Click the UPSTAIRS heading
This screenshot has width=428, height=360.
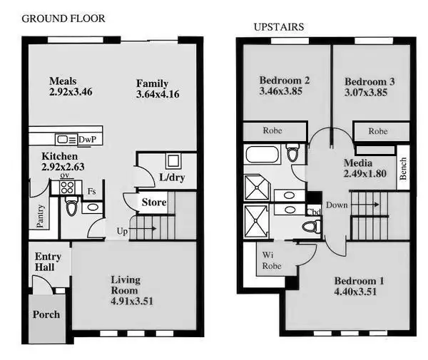279,27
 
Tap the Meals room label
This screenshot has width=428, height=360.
63,81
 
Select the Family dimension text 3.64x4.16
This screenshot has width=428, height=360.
158,95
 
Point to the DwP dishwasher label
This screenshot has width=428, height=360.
87,139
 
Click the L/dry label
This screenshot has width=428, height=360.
171,177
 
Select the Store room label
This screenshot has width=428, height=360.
153,202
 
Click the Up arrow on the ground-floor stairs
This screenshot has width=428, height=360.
123,230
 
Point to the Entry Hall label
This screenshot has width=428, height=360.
49,262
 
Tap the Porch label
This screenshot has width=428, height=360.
47,314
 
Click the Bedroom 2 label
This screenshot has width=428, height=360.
284,81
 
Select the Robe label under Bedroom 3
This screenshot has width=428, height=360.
378,131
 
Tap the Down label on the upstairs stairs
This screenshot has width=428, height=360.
337,205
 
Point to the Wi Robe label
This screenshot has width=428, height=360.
272,260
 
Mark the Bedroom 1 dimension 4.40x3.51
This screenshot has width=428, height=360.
355,292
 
